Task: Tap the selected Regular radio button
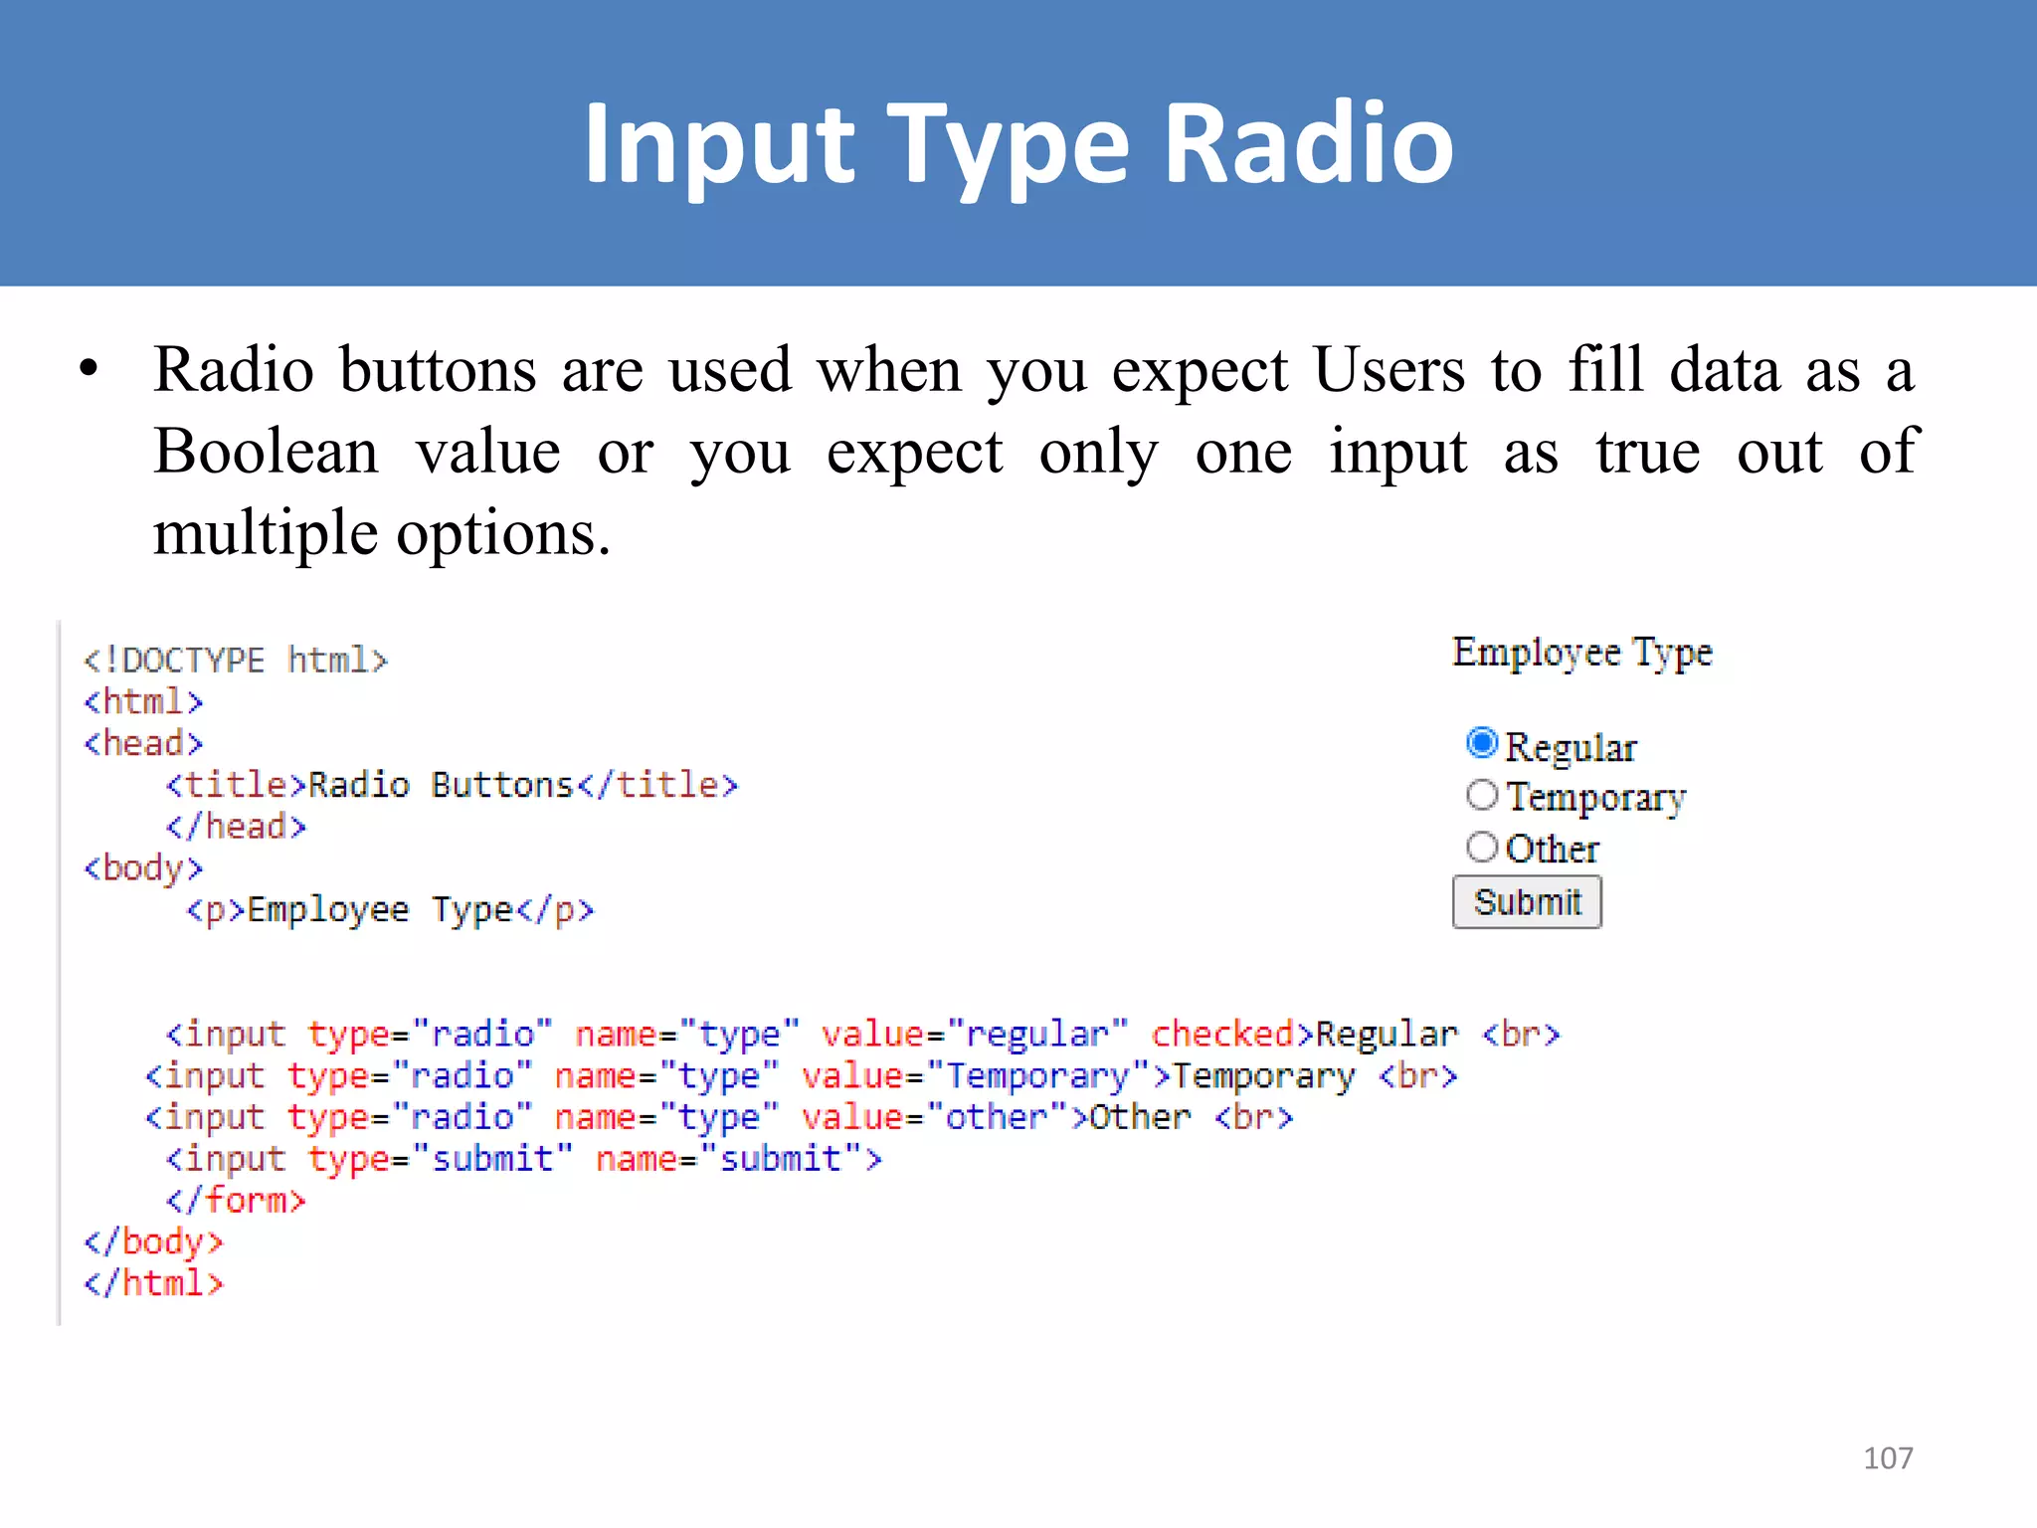tap(1481, 742)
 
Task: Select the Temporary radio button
tap(1481, 794)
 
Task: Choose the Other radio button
tap(1481, 847)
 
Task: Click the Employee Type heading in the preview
tap(1581, 653)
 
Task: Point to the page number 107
tap(1887, 1458)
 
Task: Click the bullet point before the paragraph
tap(90, 369)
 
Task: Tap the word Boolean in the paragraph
tap(266, 452)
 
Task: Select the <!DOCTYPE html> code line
tap(236, 661)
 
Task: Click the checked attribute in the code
tap(1222, 1034)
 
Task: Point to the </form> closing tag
tap(236, 1200)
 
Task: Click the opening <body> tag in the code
tap(143, 868)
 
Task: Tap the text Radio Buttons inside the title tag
tap(441, 785)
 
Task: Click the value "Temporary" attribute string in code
tap(1037, 1075)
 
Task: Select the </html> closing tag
tap(154, 1283)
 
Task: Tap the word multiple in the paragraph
tap(265, 533)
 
